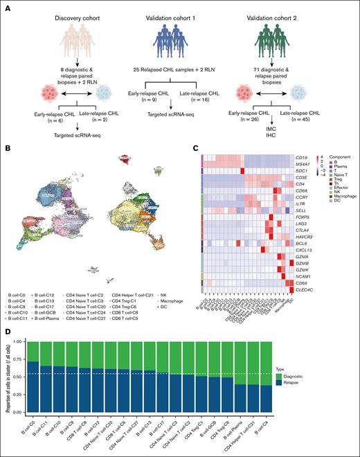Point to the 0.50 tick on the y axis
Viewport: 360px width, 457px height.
click(x=17, y=380)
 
